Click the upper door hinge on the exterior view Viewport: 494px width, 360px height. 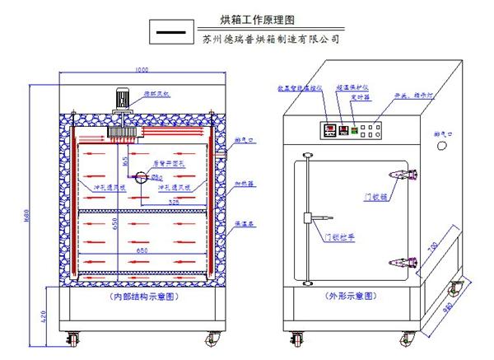coord(401,174)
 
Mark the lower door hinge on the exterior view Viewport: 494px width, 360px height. coord(401,261)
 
